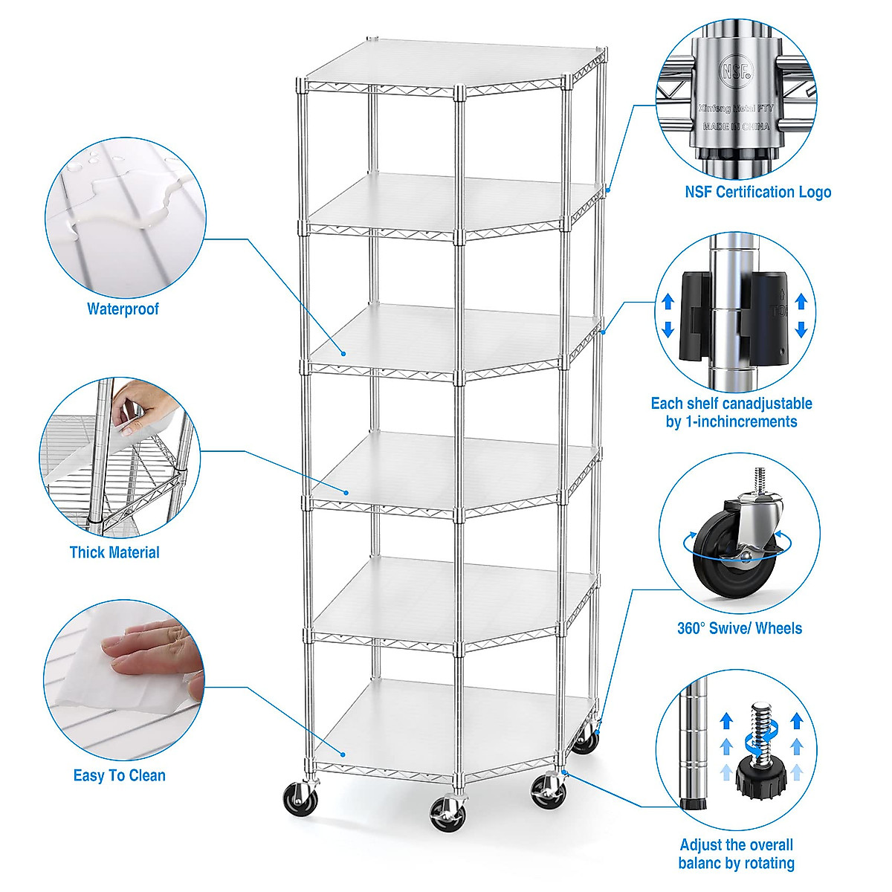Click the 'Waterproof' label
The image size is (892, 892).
click(x=123, y=308)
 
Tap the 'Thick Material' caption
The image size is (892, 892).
click(x=114, y=552)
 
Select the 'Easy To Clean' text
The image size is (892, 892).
click(x=119, y=775)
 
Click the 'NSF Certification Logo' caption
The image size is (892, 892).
click(x=757, y=192)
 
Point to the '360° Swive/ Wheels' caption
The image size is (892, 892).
click(x=739, y=628)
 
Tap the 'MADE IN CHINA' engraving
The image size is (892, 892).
click(x=735, y=126)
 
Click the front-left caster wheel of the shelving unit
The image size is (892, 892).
click(x=300, y=798)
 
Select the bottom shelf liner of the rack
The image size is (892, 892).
click(x=453, y=721)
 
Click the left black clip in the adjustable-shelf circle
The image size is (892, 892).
click(x=696, y=316)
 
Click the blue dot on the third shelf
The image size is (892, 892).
click(x=344, y=353)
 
